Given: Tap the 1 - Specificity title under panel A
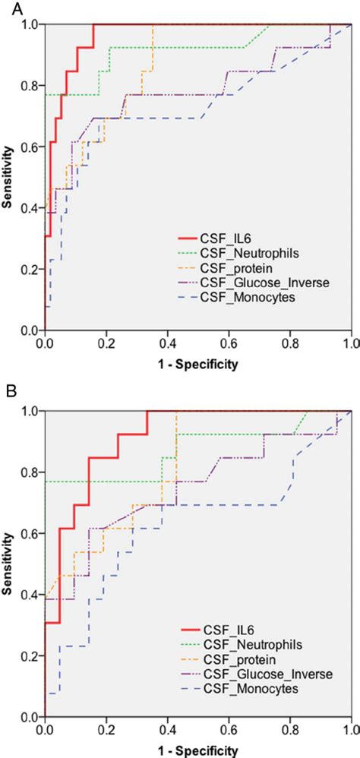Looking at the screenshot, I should [x=197, y=364].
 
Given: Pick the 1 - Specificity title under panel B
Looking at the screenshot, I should [x=197, y=750].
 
